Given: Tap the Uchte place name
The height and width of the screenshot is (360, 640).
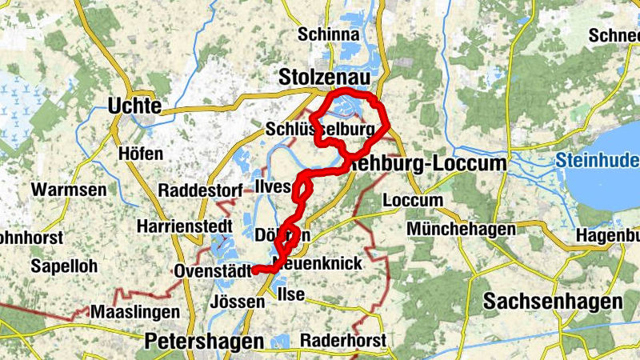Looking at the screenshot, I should (x=134, y=106).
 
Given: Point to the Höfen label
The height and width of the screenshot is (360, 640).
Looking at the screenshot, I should (x=140, y=154).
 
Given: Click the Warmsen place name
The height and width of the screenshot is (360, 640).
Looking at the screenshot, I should (x=68, y=190).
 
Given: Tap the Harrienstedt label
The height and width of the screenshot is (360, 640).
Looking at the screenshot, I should (x=184, y=226).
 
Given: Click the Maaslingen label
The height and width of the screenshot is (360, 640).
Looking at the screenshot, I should (x=131, y=310).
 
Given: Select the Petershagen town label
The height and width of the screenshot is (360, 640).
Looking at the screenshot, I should (x=204, y=342).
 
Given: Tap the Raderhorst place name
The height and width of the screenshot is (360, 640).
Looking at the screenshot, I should (x=343, y=340).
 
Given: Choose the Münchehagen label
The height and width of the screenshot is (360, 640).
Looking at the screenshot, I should (x=462, y=230).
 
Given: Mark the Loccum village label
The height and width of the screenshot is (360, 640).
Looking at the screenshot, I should (x=413, y=200).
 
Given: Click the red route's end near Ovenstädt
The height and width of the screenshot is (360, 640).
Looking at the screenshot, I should (x=254, y=270).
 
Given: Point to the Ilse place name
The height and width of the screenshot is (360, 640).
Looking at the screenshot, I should (x=290, y=294).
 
